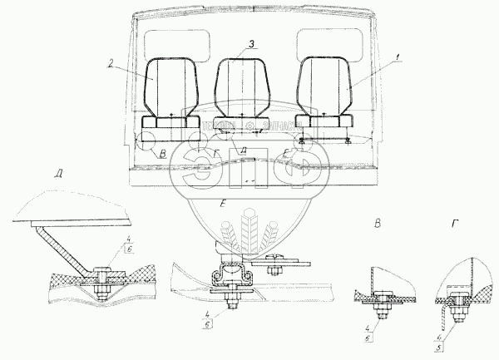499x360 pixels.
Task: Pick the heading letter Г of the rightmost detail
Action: (x=454, y=223)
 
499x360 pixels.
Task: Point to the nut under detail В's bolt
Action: (x=383, y=313)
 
